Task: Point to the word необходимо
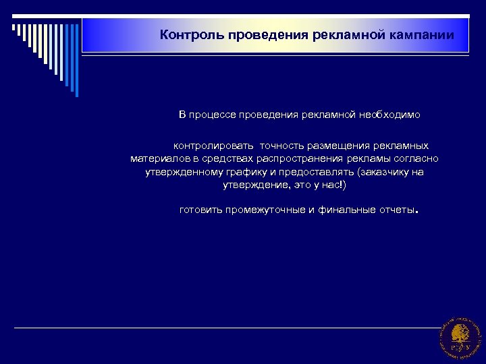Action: point(388,115)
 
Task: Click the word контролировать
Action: point(213,145)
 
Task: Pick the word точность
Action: point(281,145)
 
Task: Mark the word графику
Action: point(242,172)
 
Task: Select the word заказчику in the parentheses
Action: point(385,172)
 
